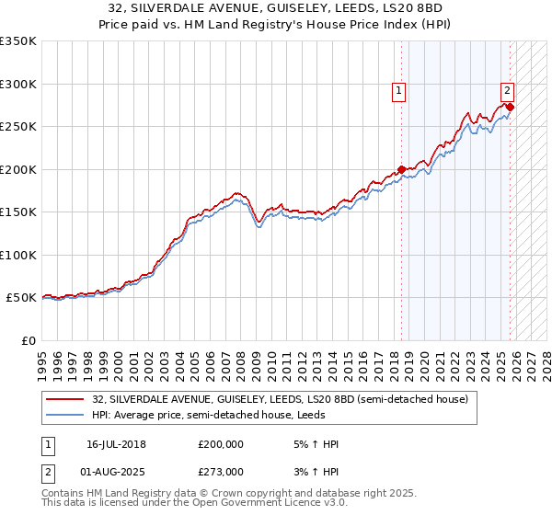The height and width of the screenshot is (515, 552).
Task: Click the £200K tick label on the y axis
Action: tap(18, 169)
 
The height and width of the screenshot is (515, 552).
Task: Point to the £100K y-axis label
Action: tap(18, 255)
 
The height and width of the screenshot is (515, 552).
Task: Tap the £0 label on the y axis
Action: tap(27, 340)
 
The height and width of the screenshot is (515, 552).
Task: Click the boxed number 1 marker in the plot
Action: tap(399, 90)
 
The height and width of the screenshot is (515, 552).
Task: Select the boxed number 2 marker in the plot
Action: tap(507, 90)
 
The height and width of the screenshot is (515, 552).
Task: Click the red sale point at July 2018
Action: tap(401, 169)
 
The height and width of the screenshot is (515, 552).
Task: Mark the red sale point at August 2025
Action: tap(511, 107)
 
